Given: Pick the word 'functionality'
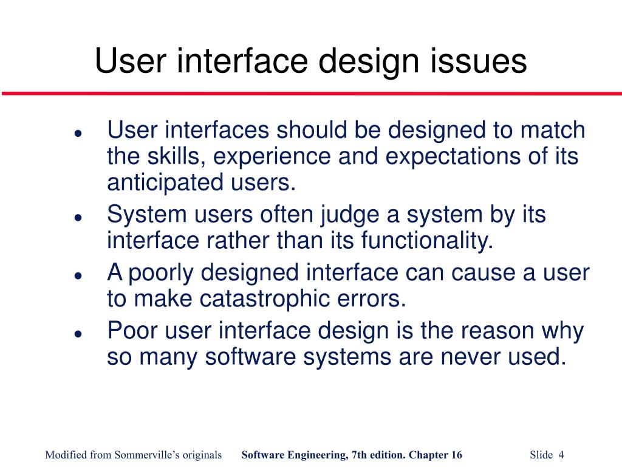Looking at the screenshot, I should tap(425, 241).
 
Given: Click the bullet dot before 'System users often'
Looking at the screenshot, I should tap(78, 217).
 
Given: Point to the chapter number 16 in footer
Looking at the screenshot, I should tap(456, 455).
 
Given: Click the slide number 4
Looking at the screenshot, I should tap(561, 455).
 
